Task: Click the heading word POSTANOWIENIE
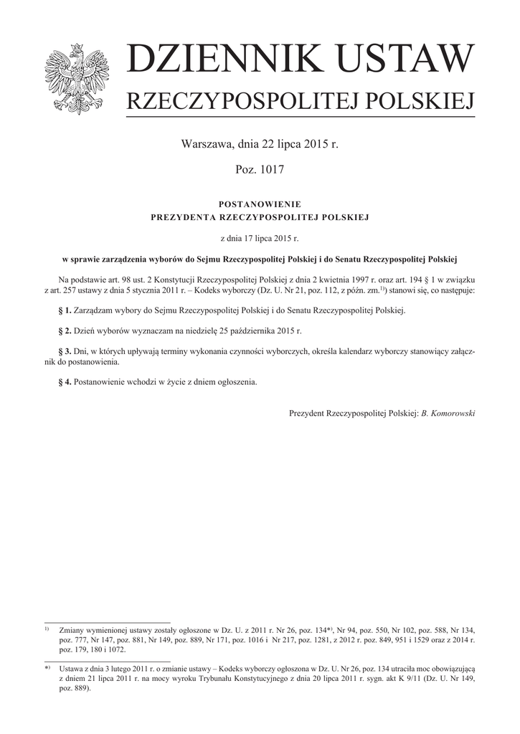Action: [x=260, y=204]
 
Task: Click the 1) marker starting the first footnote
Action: [x=47, y=627]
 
